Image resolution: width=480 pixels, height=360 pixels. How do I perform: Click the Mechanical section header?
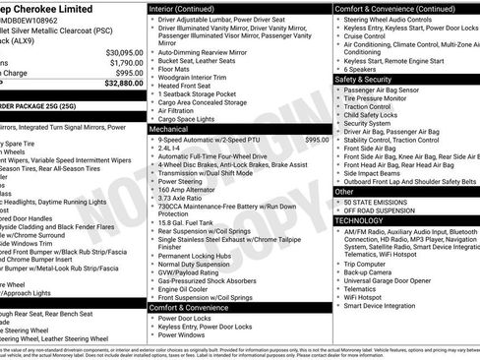[169, 129]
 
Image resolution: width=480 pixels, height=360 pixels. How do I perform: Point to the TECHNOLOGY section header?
[359, 221]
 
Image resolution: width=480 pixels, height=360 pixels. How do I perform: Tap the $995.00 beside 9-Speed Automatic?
[317, 140]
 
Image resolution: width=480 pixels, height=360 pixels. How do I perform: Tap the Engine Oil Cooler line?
[188, 289]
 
